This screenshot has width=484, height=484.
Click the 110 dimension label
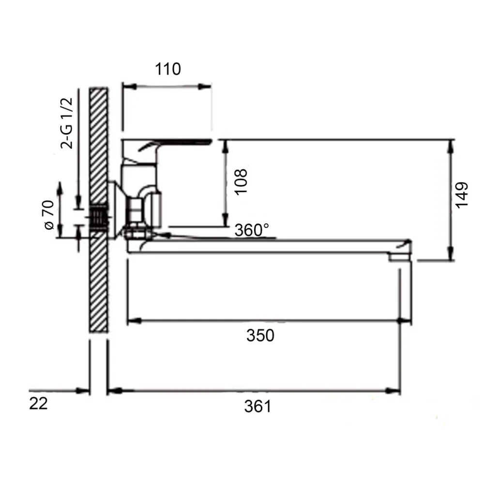click(167, 69)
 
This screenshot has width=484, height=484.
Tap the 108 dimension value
click(241, 181)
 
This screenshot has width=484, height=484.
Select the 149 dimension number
click(462, 195)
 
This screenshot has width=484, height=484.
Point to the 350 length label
click(260, 335)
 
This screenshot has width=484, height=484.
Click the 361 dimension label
click(258, 406)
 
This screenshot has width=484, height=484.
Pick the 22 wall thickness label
click(38, 404)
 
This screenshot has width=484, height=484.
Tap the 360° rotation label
click(252, 230)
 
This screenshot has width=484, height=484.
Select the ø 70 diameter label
click(49, 215)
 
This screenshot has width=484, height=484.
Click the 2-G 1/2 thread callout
click(67, 123)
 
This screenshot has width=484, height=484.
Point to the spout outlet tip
click(400, 257)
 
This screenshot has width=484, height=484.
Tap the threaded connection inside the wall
click(99, 217)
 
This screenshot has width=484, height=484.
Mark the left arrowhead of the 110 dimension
click(130, 87)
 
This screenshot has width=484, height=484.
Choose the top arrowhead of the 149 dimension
click(451, 147)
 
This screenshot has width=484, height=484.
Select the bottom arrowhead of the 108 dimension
click(226, 219)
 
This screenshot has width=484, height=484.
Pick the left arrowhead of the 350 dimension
click(134, 321)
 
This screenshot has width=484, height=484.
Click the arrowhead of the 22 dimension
click(83, 391)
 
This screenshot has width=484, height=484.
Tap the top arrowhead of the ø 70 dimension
click(60, 189)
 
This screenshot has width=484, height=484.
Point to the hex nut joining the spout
click(138, 233)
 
